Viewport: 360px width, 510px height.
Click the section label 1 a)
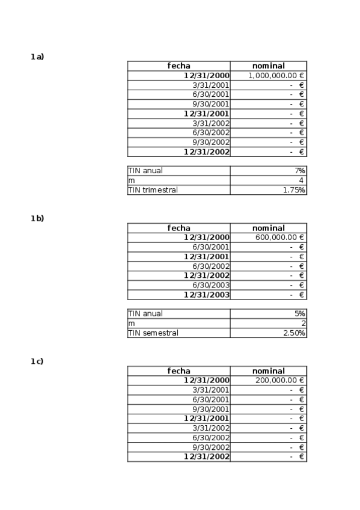pos(37,57)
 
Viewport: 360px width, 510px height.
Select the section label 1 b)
pos(37,218)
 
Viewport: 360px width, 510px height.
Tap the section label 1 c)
pos(37,361)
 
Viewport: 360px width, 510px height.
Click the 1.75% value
pos(294,190)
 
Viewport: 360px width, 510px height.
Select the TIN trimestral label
pos(153,190)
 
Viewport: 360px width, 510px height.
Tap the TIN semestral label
pos(153,333)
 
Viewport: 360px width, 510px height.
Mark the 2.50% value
pos(294,333)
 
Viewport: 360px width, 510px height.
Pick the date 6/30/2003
pos(210,285)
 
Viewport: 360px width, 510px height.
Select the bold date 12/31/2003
pos(206,295)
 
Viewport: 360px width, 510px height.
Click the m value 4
pos(302,180)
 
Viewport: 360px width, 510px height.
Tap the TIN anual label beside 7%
pos(145,171)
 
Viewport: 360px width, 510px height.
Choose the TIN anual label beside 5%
pos(145,313)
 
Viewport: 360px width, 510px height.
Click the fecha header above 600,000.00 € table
pos(178,228)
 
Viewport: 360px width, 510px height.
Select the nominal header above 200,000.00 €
pos(268,371)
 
